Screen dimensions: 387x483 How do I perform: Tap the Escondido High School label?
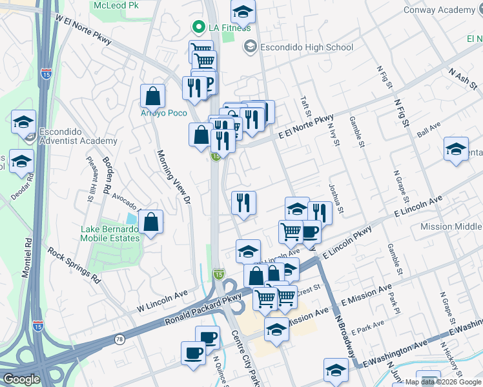click(x=307, y=47)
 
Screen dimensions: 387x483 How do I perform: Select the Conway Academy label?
click(x=438, y=10)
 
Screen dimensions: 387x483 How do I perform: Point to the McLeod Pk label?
click(x=116, y=5)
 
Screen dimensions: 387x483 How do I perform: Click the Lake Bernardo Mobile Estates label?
click(x=110, y=233)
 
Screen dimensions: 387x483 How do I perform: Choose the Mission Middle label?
click(x=450, y=226)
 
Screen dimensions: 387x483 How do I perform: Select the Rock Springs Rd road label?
click(x=75, y=268)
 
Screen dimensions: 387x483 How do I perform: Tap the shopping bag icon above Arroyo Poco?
click(x=153, y=96)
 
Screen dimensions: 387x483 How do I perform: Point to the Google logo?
click(x=21, y=379)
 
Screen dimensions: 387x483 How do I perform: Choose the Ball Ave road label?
click(x=428, y=129)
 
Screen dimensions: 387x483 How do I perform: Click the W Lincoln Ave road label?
click(x=162, y=302)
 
